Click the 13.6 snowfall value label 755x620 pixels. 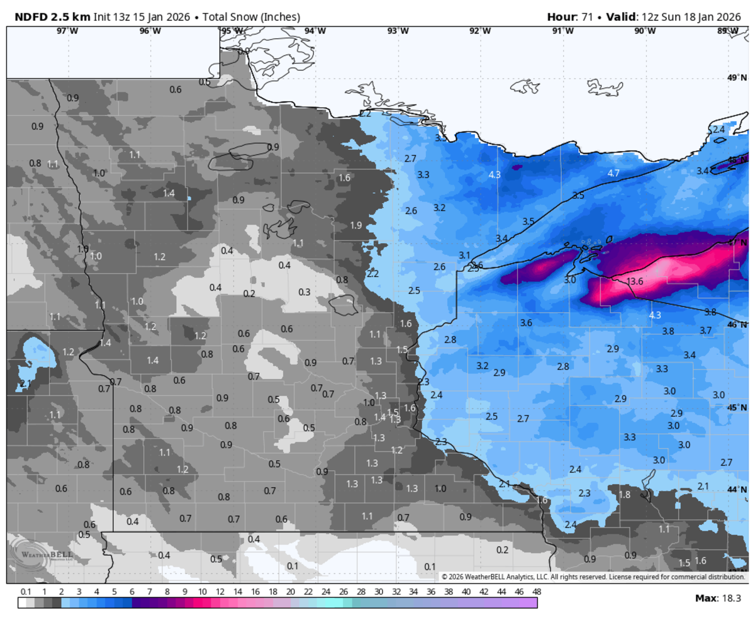(635, 281)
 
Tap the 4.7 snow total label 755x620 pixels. (613, 173)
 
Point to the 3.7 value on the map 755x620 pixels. (705, 330)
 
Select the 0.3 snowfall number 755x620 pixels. (304, 292)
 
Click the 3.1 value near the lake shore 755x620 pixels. (464, 255)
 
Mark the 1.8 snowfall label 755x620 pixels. (624, 495)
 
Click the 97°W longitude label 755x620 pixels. (67, 31)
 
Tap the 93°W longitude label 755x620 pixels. (397, 31)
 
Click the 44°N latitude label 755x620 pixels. (737, 490)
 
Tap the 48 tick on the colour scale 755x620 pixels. (536, 592)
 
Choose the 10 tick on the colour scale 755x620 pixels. (203, 592)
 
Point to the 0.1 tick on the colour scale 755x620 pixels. (26, 592)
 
